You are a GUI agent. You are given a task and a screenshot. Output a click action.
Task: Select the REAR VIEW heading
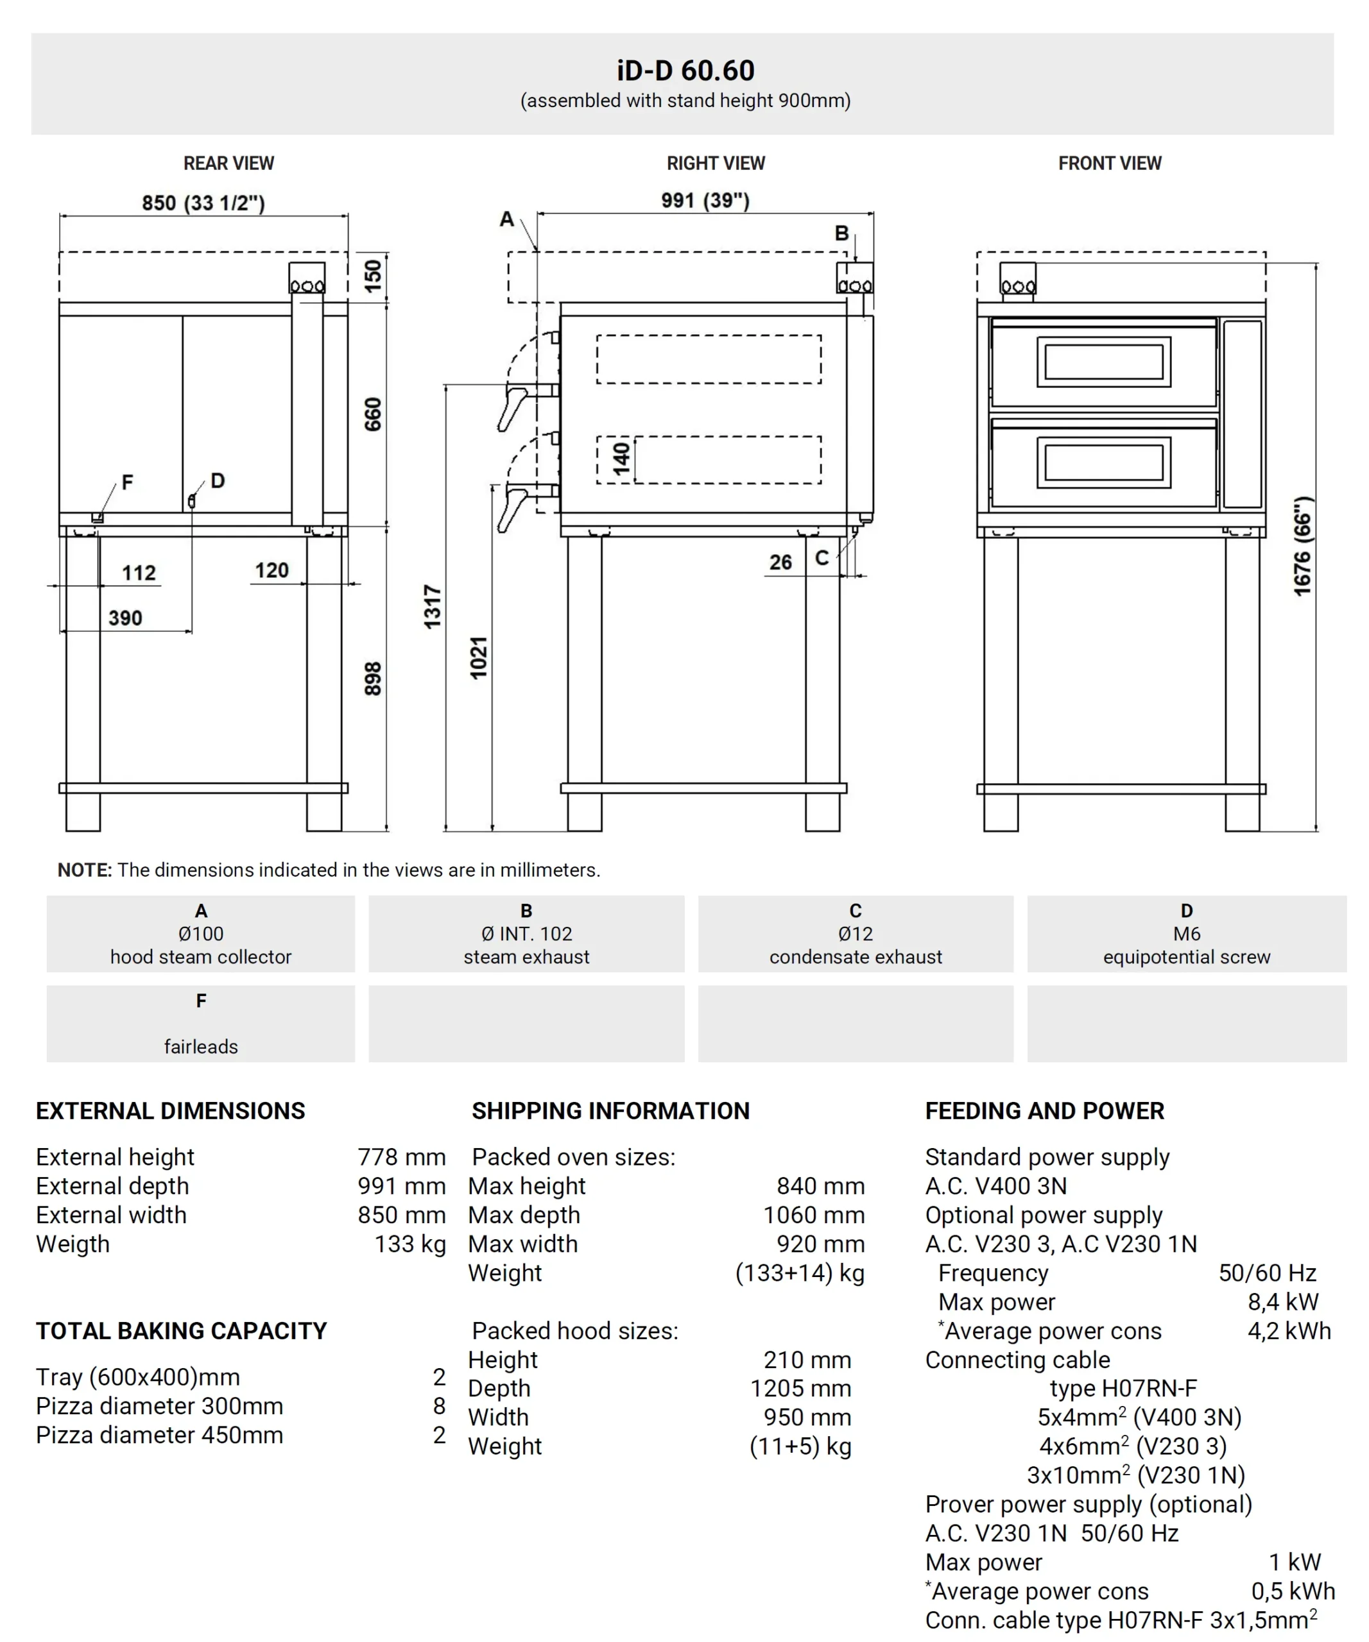[228, 164]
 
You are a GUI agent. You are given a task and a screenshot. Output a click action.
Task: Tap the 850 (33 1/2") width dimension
[203, 203]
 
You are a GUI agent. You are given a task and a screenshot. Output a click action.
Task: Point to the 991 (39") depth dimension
[705, 201]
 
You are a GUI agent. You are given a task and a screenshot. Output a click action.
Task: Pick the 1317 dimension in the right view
[433, 606]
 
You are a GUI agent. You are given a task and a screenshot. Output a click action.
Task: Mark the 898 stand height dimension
[373, 679]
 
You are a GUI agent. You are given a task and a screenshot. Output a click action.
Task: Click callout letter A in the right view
[507, 220]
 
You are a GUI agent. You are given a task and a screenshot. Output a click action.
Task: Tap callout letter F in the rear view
[128, 482]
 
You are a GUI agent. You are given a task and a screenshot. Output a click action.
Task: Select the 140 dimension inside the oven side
[622, 459]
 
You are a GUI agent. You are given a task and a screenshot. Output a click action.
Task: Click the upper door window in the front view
[1103, 361]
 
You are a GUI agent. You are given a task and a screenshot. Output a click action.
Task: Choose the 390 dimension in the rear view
[125, 618]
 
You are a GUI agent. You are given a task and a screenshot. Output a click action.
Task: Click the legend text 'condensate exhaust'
[855, 957]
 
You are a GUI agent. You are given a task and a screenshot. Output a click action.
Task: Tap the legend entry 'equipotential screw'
[1186, 957]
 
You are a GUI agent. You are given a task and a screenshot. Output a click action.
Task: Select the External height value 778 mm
[401, 1157]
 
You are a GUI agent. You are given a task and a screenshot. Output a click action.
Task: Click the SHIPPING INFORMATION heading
[610, 1111]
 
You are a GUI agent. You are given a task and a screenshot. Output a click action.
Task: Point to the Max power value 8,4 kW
[1282, 1302]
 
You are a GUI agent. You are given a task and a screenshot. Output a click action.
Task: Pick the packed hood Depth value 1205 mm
[800, 1389]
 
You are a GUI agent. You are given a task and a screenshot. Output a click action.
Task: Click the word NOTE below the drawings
[85, 870]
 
